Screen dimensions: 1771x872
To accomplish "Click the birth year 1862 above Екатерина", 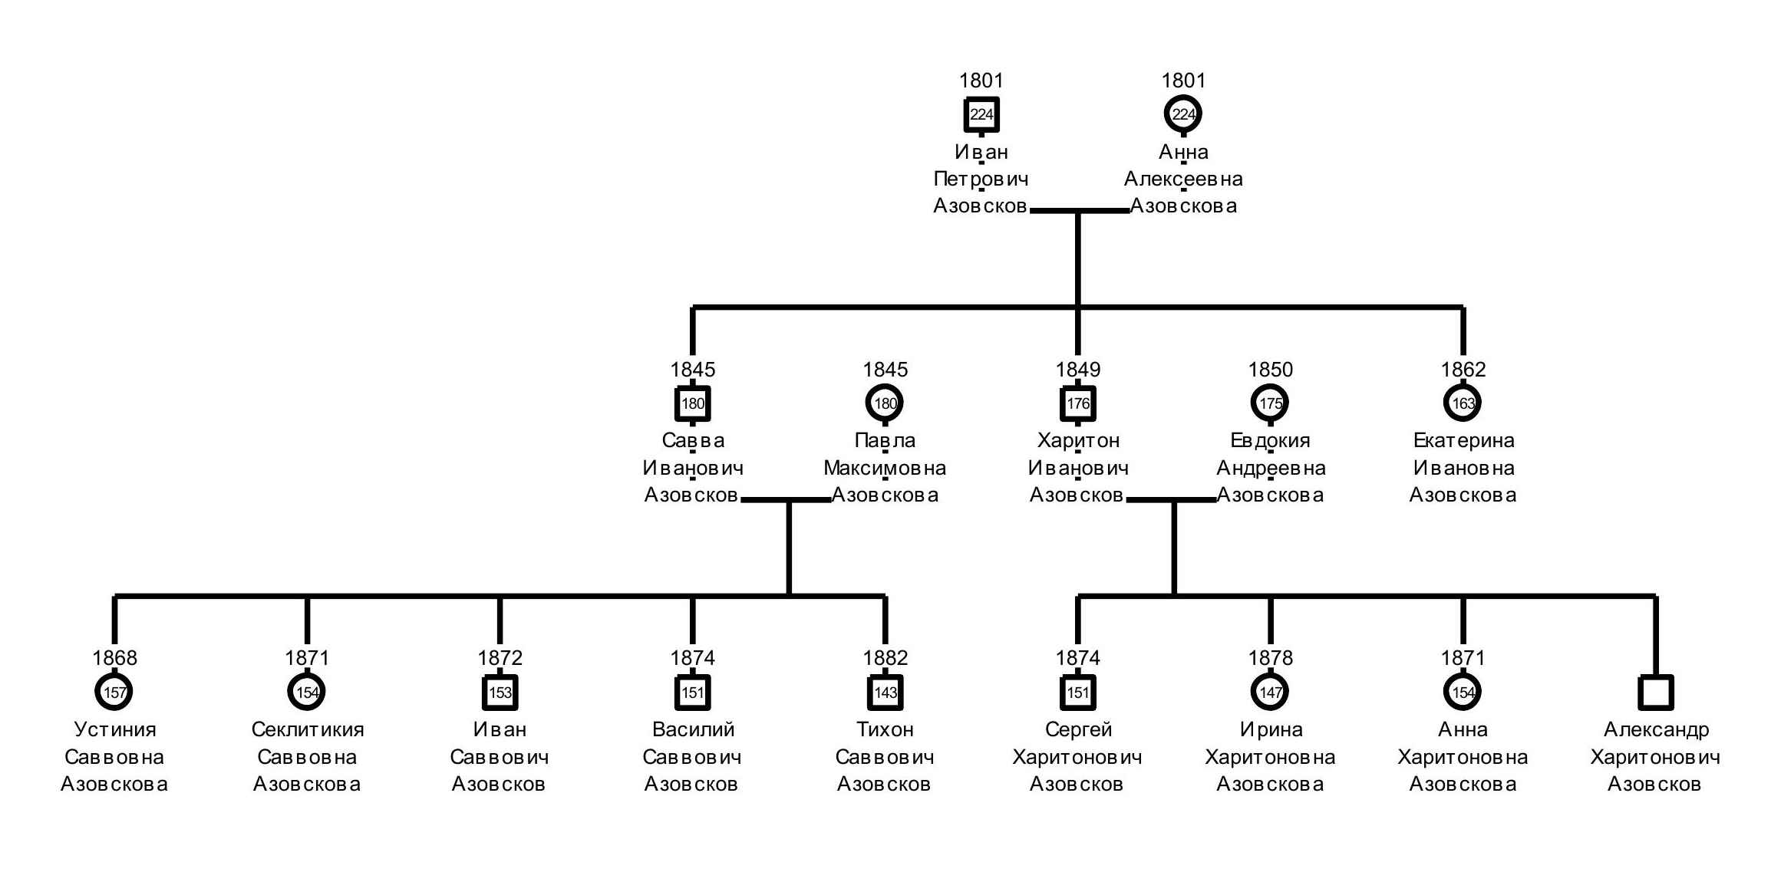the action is tap(1463, 370).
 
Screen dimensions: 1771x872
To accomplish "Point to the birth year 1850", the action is tap(1271, 370).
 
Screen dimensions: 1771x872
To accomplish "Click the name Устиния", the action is tap(115, 729).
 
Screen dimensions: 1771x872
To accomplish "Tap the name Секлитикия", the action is tap(308, 729).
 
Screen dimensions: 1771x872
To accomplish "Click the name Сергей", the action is tap(1078, 730).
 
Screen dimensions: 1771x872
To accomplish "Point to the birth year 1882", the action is tap(885, 658).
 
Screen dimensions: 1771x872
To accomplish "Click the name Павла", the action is tap(885, 441).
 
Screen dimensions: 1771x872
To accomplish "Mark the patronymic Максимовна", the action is tap(885, 468).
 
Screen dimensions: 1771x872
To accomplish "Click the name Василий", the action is tap(693, 729).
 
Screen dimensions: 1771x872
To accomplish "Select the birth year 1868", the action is tap(115, 658).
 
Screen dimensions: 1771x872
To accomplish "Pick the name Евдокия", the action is tap(1271, 441).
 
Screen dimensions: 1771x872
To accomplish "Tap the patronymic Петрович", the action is tap(981, 179).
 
